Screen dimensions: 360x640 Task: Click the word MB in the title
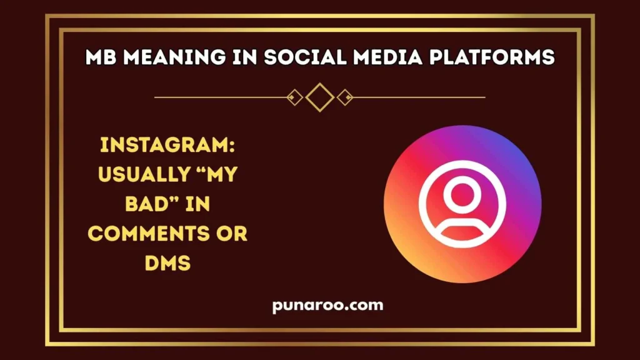pos(102,57)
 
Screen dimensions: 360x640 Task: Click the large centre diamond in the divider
pos(320,97)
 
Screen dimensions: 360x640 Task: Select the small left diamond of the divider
pos(294,97)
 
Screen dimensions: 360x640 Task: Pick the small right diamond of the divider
pos(345,97)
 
